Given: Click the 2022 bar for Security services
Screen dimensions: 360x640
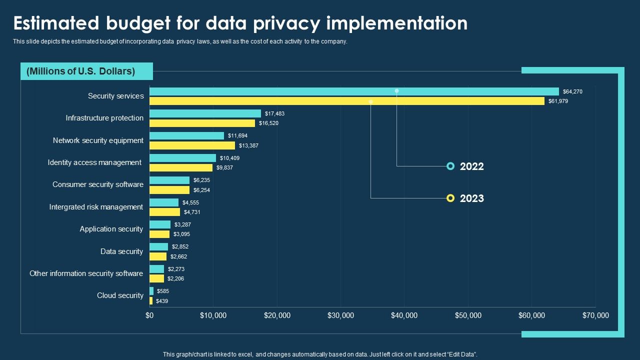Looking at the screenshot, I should click(x=354, y=91).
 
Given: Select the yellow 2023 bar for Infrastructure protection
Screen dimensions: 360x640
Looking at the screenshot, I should click(x=202, y=123).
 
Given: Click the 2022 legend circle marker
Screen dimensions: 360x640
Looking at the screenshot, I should click(x=450, y=166).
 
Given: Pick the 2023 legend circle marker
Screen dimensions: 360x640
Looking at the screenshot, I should click(x=450, y=198).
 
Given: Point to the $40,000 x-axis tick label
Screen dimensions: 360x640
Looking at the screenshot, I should click(x=404, y=315).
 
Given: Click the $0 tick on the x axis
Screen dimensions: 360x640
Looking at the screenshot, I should click(x=149, y=315).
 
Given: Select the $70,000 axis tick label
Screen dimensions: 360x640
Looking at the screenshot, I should click(x=595, y=315).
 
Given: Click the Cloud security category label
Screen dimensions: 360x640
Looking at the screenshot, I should click(x=120, y=295).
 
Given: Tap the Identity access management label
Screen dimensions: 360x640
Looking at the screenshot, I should click(x=94, y=162).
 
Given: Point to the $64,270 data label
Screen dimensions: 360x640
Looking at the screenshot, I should click(x=572, y=91).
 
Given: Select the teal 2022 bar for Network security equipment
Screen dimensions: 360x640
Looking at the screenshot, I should click(x=186, y=135).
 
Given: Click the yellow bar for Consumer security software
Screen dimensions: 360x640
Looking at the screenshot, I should click(x=169, y=190).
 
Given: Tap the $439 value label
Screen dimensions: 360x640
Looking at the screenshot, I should click(x=162, y=301).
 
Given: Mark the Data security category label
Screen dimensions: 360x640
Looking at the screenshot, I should click(x=121, y=251).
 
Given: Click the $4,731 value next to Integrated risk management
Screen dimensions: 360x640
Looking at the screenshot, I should click(x=192, y=212).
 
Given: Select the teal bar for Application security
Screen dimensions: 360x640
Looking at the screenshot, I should click(x=160, y=224).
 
